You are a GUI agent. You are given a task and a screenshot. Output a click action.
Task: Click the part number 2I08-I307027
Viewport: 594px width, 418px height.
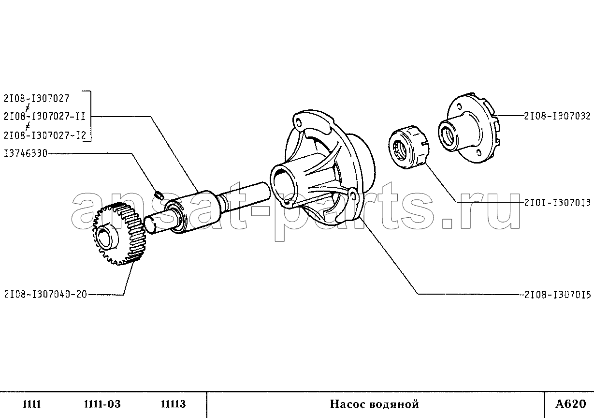[x=36, y=99]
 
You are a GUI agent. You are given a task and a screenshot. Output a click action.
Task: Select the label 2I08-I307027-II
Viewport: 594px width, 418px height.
[x=44, y=117]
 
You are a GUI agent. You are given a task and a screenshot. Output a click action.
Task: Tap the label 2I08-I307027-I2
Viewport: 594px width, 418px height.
[x=45, y=135]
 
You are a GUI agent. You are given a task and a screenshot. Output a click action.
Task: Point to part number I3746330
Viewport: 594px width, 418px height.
[x=26, y=153]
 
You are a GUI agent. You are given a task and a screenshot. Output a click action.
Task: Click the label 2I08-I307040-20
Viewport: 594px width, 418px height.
[x=45, y=294]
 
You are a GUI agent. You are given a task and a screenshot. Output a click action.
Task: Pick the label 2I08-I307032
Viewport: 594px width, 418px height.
[x=557, y=116]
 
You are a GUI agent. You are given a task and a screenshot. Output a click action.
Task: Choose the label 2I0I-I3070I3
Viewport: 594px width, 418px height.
[x=557, y=203]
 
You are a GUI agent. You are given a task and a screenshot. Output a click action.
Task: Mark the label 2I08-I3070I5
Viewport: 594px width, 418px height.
[x=557, y=295]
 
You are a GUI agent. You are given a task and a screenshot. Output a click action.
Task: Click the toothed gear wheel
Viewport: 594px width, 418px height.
[x=118, y=234]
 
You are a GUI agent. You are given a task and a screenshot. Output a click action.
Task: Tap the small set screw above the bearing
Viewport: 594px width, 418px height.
[x=159, y=195]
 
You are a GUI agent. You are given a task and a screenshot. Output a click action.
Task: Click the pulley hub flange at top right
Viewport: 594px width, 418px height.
[x=469, y=128]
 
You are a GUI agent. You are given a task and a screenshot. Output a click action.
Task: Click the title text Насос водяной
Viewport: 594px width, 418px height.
[x=374, y=404]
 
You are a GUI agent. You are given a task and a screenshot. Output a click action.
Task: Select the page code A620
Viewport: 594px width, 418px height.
[x=570, y=403]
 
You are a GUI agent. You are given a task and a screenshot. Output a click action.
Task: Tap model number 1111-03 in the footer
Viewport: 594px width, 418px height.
[x=102, y=404]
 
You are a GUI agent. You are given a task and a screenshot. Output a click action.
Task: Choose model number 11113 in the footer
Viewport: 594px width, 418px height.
[x=173, y=404]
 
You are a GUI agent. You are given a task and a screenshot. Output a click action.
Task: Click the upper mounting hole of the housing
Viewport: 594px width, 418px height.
[x=298, y=122]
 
